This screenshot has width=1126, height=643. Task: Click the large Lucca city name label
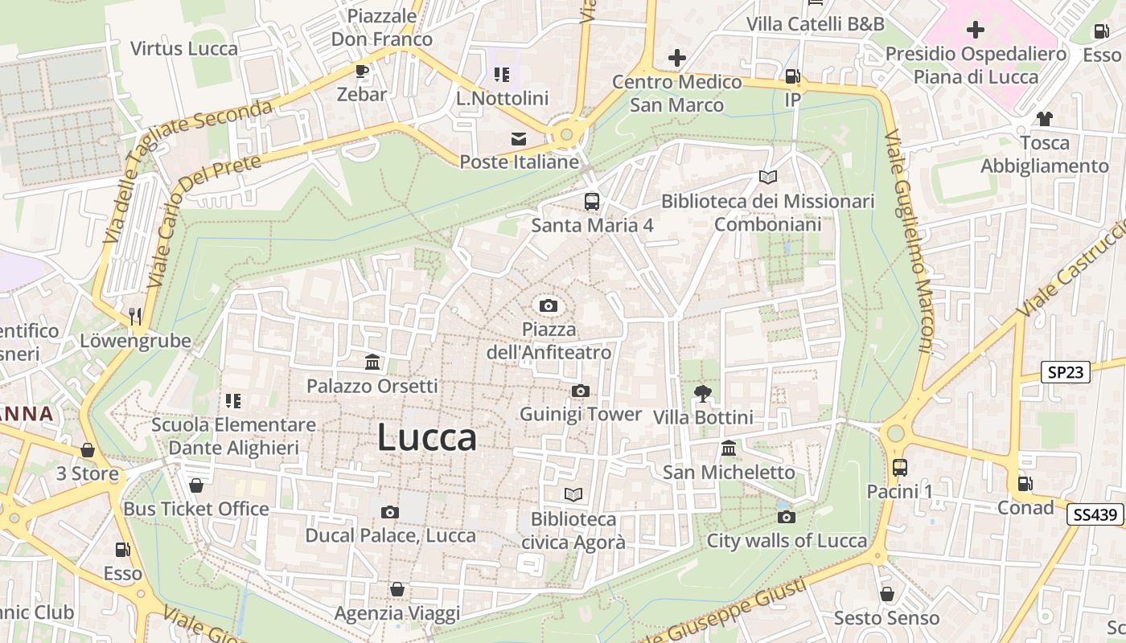pos(426,438)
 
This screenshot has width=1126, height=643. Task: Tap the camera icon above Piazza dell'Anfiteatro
pos(549,305)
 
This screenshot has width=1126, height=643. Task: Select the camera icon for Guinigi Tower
pos(580,391)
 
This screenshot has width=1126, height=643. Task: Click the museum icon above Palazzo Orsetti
pos(372,362)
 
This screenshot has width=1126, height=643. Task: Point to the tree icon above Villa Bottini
pos(703,393)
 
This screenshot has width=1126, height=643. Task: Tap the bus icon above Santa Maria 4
pos(592,201)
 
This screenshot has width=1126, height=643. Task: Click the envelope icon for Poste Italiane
pos(519,139)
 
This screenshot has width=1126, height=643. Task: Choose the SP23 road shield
pos(1065,372)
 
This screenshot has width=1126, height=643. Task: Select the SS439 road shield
pos(1095,514)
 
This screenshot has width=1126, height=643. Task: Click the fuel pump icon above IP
pos(793,76)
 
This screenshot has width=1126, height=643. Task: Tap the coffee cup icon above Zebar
pos(362,71)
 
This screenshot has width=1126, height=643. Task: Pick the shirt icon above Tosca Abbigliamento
pos(1044,119)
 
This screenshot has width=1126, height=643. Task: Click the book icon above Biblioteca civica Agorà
pos(573,494)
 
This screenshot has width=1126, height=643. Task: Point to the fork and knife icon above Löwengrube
pos(135,316)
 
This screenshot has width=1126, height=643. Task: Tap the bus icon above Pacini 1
pos(899,467)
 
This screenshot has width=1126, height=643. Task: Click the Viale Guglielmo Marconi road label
pos(909,241)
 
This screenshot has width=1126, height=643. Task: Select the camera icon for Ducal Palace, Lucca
pos(390,512)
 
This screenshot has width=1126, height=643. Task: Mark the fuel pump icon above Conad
pos(1025,484)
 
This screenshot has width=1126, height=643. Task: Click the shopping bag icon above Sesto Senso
pos(886,594)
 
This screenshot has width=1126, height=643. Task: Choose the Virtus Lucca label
pos(184,48)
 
